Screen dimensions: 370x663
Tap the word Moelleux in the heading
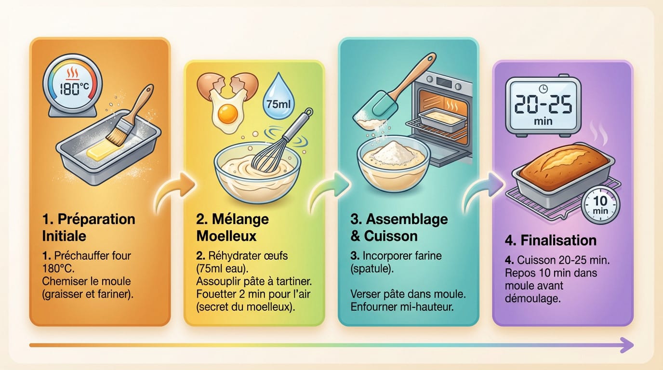tap(226, 236)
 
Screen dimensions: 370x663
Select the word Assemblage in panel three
tap(407, 219)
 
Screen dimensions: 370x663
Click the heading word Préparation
tap(96, 219)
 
